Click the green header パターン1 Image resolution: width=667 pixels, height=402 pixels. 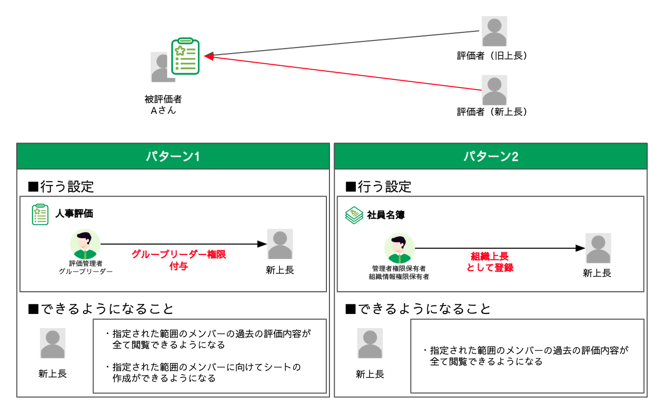point(173,157)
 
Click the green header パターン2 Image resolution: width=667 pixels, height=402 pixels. point(490,157)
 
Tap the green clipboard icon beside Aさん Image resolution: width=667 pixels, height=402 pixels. point(185,56)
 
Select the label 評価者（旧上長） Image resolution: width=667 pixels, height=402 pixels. point(493,56)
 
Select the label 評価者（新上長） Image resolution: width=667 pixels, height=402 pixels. point(493,112)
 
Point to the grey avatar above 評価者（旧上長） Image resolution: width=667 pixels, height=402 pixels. point(494,31)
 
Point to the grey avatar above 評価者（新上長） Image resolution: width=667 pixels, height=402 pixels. point(494,90)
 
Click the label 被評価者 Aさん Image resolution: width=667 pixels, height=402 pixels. point(163,105)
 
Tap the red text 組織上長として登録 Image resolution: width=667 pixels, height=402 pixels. point(489,262)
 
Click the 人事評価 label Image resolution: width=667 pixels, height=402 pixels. point(74,214)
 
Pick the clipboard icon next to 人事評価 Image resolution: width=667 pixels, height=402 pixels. point(40,214)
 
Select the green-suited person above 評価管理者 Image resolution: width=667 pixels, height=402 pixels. point(85,245)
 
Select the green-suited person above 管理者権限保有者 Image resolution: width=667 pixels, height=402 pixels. point(399,249)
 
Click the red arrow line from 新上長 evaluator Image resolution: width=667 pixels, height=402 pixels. point(344,73)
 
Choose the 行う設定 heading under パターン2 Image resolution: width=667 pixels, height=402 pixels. point(379,187)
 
